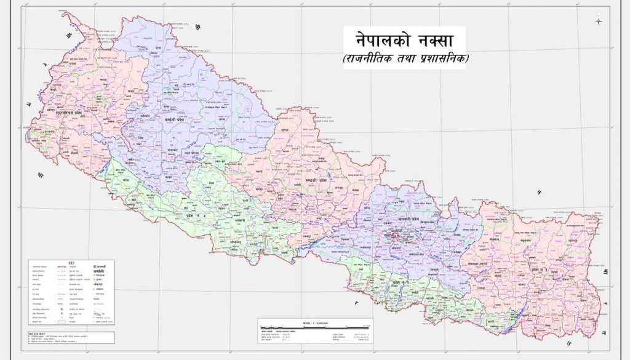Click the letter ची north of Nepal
pos(197,27)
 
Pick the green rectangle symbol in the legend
pos(62,321)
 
